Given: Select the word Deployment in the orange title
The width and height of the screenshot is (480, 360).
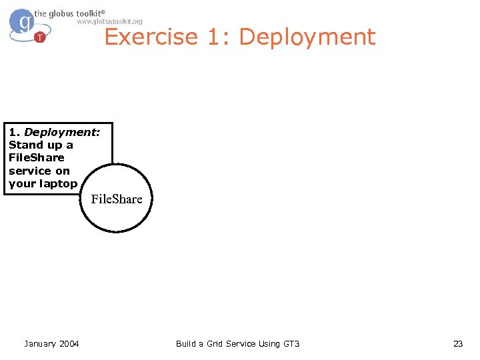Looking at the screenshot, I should tap(307, 37).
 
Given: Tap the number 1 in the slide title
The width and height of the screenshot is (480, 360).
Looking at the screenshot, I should tap(215, 37).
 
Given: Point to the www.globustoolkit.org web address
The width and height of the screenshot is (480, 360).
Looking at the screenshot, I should tap(109, 21).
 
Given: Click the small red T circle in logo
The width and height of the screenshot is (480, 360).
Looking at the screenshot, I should tap(40, 37).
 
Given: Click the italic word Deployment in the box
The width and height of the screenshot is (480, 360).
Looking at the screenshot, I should tap(61, 132).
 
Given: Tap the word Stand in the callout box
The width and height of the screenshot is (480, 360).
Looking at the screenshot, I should tap(26, 145).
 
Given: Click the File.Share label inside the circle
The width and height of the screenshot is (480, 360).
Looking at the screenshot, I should tap(117, 199).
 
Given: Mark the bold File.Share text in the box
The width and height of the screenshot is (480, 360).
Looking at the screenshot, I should tap(36, 157).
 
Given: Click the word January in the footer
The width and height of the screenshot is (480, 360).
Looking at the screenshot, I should tap(40, 343).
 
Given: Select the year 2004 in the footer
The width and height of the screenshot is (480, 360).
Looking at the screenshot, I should tap(69, 343).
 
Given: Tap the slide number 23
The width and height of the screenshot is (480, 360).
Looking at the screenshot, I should tap(457, 343).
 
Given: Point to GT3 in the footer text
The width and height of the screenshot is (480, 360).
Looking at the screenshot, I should tap(291, 343).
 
